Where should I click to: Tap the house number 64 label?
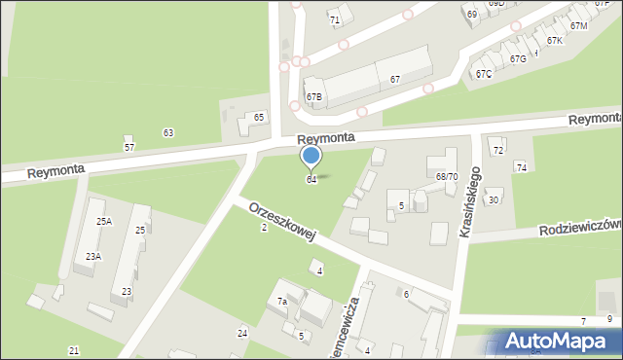(311, 180)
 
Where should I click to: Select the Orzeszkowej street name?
(282, 223)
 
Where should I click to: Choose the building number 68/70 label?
(447, 177)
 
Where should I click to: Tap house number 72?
(497, 150)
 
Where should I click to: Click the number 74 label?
(521, 168)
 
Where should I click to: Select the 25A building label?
(104, 222)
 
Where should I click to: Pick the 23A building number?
(92, 257)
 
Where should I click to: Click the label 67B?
(314, 97)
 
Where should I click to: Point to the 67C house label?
(484, 74)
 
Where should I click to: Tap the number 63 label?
(168, 132)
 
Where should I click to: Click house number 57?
(129, 147)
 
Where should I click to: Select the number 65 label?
(259, 118)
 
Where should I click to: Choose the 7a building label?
(282, 302)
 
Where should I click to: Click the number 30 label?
(494, 199)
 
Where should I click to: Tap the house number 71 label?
(334, 19)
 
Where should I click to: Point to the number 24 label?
(242, 333)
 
